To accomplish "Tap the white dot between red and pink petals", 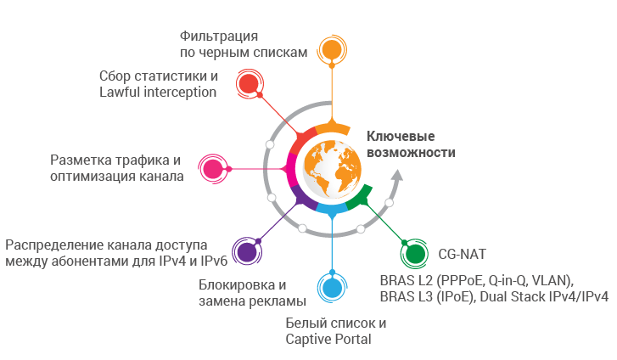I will click(270, 144).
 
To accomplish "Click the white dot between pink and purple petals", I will click(271, 198).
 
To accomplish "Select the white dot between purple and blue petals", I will click(302, 228).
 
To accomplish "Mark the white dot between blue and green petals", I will click(361, 229).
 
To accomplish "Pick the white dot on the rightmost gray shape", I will click(390, 203).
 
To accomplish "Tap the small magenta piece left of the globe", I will click(289, 169).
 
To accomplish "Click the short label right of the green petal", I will click(462, 254).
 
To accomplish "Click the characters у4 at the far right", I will click(601, 296).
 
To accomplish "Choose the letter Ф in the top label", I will click(185, 36).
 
